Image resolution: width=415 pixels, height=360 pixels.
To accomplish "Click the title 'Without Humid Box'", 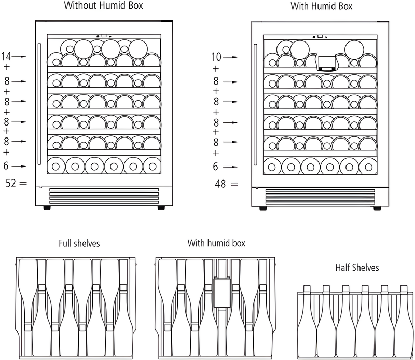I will point(103,6).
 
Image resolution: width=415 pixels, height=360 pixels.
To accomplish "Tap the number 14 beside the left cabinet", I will point(6,56).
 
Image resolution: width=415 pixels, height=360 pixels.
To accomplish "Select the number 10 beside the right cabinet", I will point(216,57).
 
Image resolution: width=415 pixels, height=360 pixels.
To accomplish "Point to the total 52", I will point(10,182).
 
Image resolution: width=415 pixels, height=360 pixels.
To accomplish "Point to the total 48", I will point(220,184).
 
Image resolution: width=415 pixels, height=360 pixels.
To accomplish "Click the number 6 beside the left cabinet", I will point(6,166).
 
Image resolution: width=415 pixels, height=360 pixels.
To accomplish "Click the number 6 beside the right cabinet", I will point(216,167).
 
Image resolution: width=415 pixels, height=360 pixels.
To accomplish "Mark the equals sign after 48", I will point(233,184).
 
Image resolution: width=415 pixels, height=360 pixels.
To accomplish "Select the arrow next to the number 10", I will point(231,57).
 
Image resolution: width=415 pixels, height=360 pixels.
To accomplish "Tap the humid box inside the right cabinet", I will point(325,63).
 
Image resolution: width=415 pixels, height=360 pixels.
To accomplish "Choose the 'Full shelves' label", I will point(79,243).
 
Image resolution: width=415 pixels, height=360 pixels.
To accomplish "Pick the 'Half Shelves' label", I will point(357,268).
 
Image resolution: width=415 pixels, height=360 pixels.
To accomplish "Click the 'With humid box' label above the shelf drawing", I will point(216,243).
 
